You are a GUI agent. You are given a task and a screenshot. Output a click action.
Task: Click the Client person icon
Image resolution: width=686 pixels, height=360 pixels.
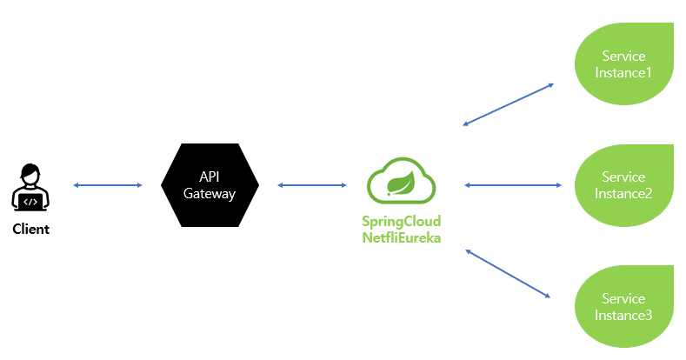click(30, 188)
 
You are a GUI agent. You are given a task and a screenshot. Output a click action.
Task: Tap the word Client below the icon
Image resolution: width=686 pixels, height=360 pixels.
click(30, 230)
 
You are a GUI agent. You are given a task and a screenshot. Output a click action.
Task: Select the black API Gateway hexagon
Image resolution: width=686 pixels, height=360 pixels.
click(210, 184)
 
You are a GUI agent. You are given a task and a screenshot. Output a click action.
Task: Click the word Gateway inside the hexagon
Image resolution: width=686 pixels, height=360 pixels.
click(210, 193)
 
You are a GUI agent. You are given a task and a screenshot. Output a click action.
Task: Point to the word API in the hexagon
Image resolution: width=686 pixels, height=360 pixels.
click(210, 177)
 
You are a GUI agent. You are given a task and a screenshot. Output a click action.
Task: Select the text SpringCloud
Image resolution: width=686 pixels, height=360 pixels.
click(401, 221)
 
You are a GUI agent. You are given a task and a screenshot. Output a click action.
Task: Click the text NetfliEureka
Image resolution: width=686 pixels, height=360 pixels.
click(401, 237)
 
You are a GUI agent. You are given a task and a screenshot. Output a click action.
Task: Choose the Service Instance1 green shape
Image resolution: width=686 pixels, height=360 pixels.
click(623, 63)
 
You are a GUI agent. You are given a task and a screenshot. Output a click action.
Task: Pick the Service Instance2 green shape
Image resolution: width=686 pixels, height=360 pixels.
click(623, 184)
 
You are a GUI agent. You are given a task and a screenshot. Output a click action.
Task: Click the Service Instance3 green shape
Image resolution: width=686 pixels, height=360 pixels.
click(623, 306)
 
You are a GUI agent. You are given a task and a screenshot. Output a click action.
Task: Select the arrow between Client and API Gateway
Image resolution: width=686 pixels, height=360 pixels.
click(108, 185)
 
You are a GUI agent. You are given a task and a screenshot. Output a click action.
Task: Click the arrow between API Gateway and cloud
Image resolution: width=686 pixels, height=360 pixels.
click(311, 185)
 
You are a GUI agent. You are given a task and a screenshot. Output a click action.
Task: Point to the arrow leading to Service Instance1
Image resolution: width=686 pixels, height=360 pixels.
click(509, 104)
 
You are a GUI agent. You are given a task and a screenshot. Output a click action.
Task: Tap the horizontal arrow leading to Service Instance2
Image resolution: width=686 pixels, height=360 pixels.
click(513, 185)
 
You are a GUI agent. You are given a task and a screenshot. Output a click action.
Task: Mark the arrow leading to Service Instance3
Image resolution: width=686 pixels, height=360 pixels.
click(509, 274)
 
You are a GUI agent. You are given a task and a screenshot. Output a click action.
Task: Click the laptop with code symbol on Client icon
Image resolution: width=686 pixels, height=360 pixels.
click(30, 201)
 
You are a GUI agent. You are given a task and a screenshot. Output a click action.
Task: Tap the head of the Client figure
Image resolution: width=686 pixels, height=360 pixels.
click(30, 174)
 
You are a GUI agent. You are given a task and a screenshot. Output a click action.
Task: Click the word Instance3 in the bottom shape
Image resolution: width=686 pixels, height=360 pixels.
click(623, 315)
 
